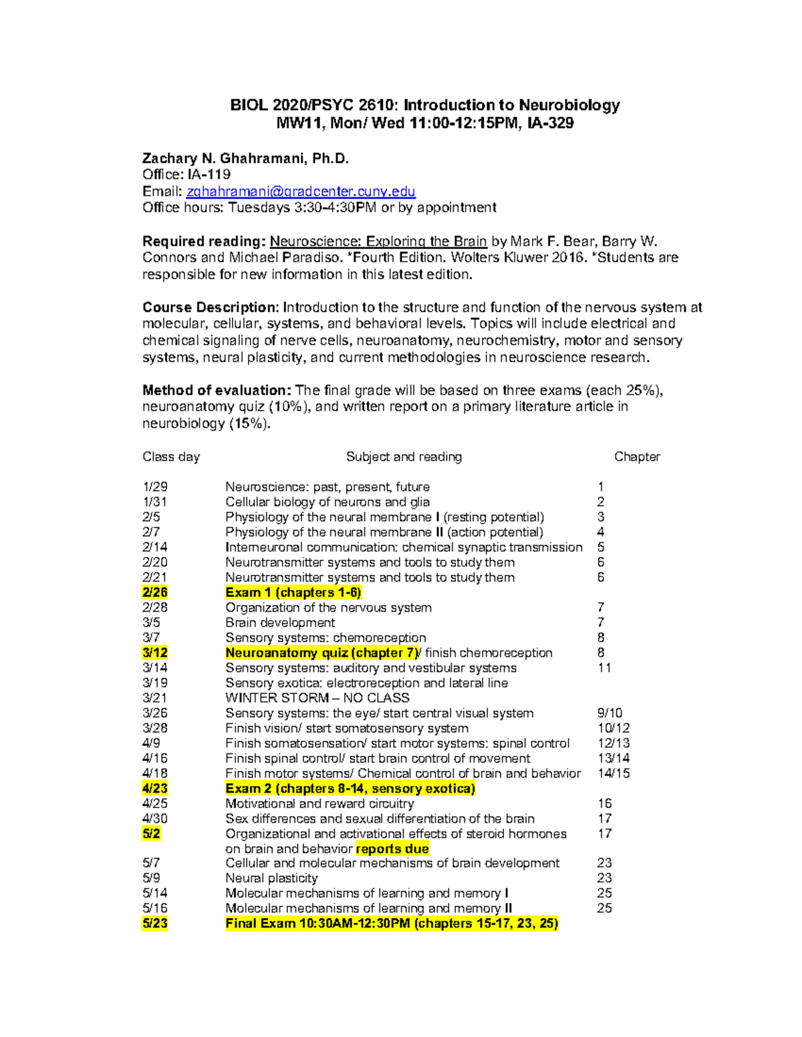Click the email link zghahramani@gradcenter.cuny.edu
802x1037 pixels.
(x=301, y=192)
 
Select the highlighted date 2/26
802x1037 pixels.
(x=154, y=592)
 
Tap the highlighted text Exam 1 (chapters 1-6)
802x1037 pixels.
(x=293, y=592)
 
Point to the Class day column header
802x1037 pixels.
(x=171, y=457)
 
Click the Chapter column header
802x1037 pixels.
(x=636, y=457)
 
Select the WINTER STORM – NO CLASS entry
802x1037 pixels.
(x=317, y=698)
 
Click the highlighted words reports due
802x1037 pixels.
(x=392, y=849)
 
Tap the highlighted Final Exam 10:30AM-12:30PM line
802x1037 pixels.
(x=392, y=923)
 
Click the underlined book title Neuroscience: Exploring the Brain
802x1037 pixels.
(x=378, y=241)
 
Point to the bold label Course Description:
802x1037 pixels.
(x=211, y=307)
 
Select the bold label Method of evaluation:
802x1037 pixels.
(x=217, y=390)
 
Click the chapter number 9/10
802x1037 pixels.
(x=610, y=713)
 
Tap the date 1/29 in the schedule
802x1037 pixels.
(x=154, y=487)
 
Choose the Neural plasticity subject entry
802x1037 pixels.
(x=271, y=878)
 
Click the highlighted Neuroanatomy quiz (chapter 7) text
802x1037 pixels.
(x=322, y=652)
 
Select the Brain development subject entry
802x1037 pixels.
(x=280, y=622)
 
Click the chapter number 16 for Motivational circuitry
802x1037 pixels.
(x=604, y=803)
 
